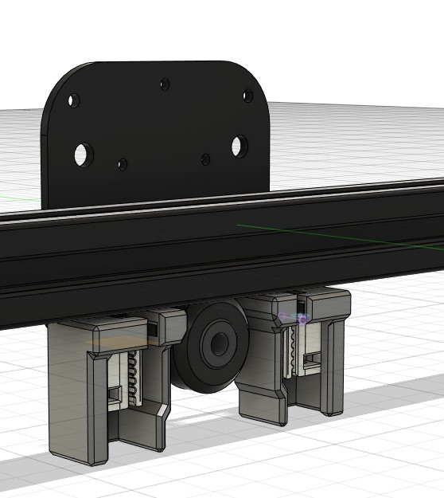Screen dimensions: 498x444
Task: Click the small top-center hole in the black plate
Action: (x=165, y=84)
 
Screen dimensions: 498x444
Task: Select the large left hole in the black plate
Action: (x=82, y=154)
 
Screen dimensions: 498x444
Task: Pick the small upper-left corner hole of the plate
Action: (x=72, y=101)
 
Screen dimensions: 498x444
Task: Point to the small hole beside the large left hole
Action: (x=122, y=164)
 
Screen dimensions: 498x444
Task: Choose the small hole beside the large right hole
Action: (x=205, y=159)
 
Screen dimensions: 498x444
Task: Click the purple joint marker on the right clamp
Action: (x=302, y=319)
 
